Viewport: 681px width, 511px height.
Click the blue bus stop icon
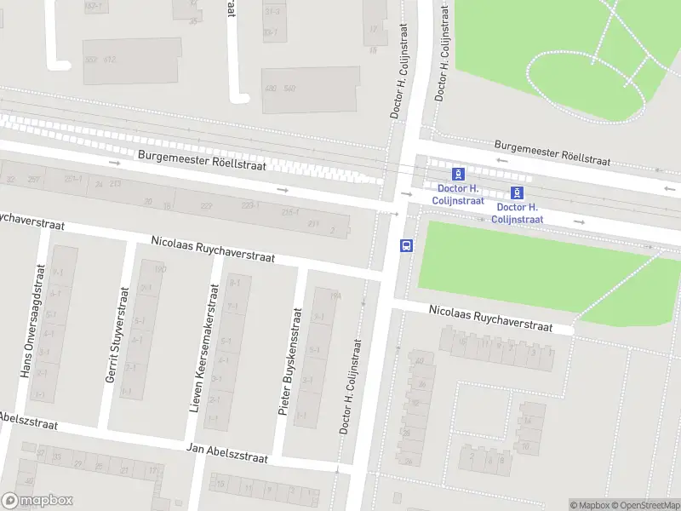406,245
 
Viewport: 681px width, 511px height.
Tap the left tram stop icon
459,173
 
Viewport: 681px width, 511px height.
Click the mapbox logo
37,501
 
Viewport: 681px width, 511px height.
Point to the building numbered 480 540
279,89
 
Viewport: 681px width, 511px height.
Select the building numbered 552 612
100,59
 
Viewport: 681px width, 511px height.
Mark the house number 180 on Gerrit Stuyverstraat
159,270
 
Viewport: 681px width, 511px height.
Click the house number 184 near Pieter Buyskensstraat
335,296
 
